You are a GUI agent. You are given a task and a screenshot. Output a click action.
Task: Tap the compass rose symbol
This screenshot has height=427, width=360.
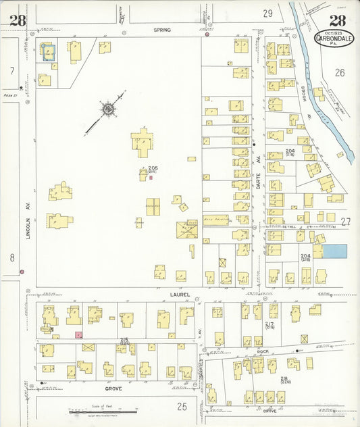[107, 108]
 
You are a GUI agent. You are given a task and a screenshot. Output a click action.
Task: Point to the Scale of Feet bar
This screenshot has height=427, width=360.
[103, 411]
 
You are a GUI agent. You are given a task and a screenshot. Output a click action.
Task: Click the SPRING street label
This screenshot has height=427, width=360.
[162, 30]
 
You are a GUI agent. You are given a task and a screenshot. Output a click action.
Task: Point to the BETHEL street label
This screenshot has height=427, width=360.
[290, 227]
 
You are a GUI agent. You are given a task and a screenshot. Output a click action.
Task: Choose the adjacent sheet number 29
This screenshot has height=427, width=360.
[267, 13]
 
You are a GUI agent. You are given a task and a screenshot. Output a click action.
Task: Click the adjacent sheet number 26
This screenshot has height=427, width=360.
[339, 72]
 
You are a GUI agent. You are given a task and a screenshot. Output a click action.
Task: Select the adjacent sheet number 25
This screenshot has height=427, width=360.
[181, 406]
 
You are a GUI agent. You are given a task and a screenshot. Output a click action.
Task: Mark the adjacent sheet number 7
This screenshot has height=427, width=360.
[11, 70]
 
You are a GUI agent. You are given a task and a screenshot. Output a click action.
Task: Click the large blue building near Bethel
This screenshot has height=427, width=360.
[335, 251]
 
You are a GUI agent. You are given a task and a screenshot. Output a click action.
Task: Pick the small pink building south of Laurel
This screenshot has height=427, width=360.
[78, 334]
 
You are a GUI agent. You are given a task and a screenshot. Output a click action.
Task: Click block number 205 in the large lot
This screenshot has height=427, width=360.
[153, 168]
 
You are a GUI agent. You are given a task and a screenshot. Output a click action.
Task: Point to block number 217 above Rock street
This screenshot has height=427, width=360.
[270, 324]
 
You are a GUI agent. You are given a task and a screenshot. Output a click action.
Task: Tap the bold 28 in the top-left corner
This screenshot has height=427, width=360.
[18, 21]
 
